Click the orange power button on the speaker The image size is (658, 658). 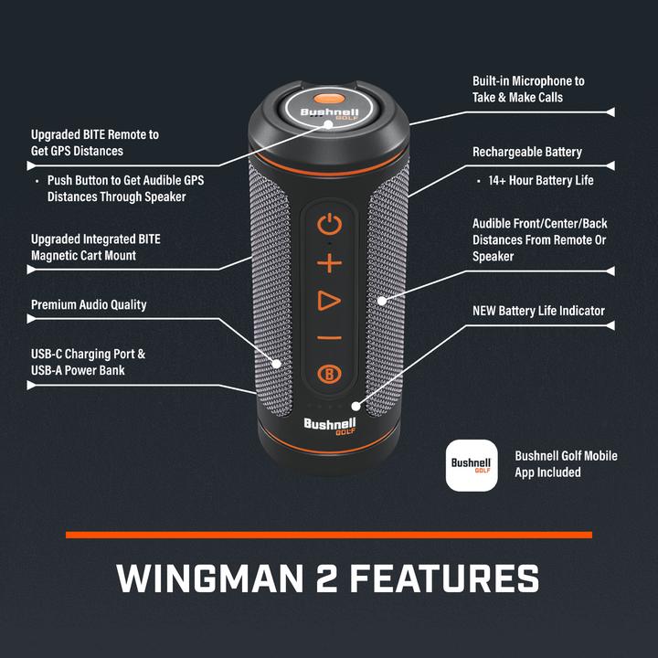[329, 224]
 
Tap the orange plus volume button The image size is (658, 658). [329, 264]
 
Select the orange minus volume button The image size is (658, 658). [329, 338]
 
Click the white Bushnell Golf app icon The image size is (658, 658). [472, 465]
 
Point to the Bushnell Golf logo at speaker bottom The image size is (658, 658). [329, 426]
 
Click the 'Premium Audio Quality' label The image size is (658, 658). [89, 304]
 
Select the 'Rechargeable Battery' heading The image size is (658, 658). [526, 152]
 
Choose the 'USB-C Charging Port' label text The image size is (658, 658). [88, 354]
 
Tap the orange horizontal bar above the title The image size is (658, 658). [329, 535]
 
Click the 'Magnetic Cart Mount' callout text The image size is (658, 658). [83, 255]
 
